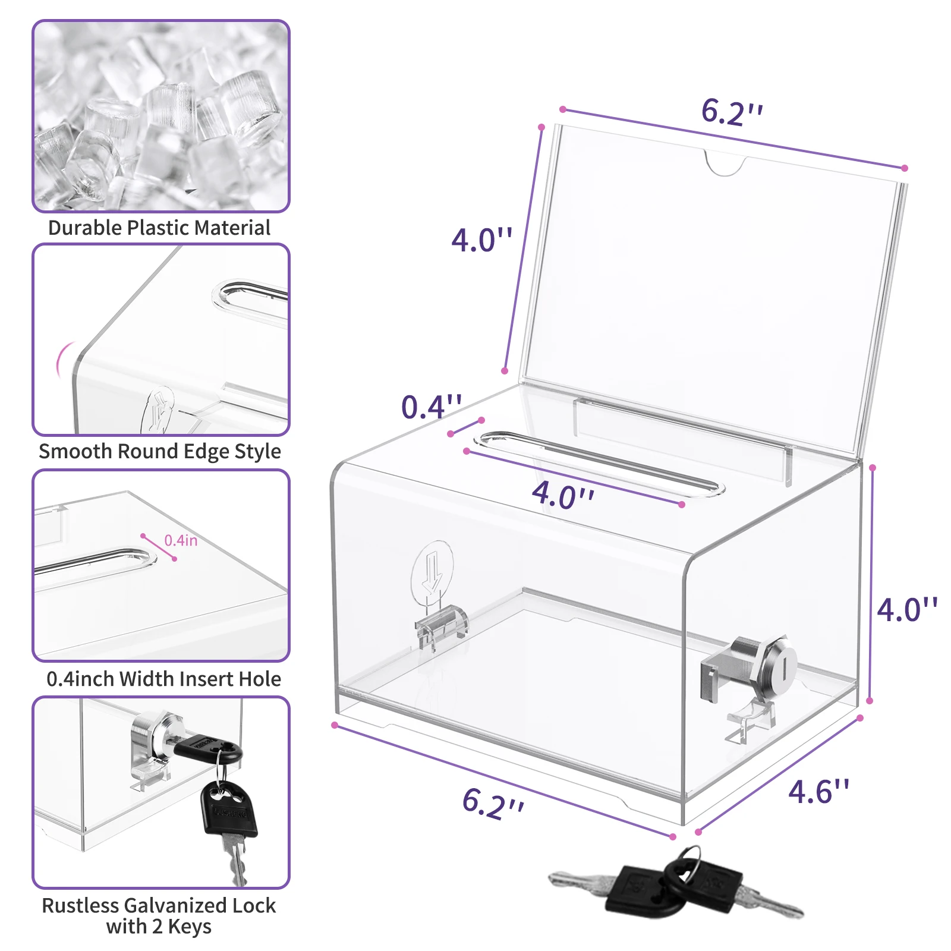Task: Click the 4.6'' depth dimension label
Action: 819,791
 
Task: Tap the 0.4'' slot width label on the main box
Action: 432,407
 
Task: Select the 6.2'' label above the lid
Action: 732,112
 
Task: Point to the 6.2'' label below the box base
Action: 493,804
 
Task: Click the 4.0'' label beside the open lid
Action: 481,240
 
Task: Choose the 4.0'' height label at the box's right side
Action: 907,610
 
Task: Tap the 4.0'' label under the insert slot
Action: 563,495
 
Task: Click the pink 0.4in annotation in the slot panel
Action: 181,540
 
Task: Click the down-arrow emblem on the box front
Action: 432,569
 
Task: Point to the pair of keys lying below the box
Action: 676,886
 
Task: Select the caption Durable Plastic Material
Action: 159,228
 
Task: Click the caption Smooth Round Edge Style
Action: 160,452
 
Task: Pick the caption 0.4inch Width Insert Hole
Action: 163,679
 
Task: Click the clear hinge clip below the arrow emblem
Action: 441,626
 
